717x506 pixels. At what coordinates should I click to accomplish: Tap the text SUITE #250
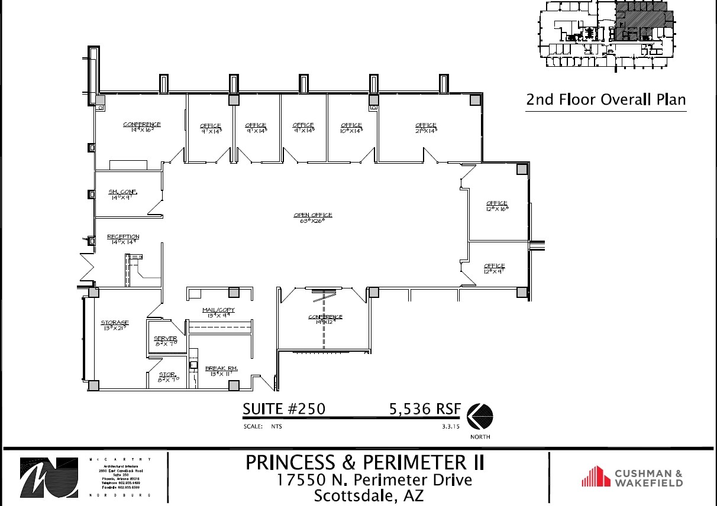pos(283,409)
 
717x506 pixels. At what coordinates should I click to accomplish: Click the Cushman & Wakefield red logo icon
pos(596,477)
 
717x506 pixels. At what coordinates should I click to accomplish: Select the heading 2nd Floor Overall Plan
pos(606,99)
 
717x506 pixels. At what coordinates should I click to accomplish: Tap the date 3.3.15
pos(450,426)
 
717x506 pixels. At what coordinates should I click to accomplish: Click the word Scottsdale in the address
pos(351,495)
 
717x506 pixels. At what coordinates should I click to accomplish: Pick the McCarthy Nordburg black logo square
pos(49,477)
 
